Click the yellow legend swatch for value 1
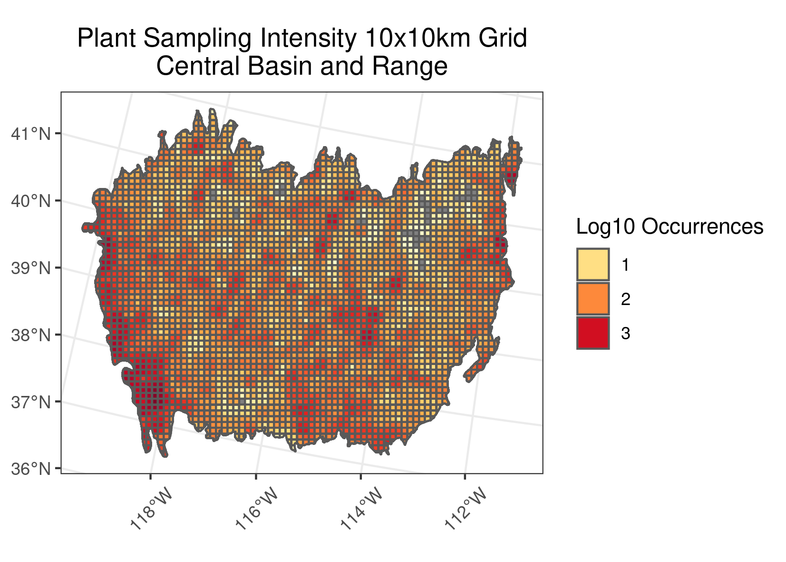tap(593, 265)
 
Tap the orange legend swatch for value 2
tap(593, 299)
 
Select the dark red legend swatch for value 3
tap(593, 333)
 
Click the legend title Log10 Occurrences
tap(670, 227)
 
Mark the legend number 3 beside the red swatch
tap(625, 334)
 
